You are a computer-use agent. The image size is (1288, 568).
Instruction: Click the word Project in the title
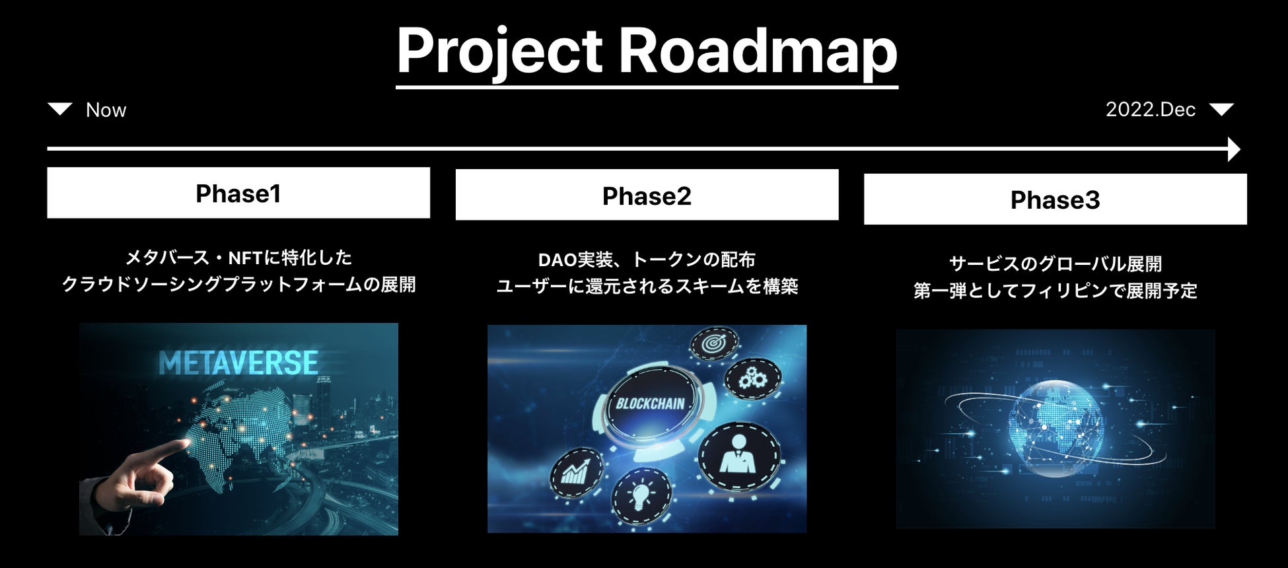pyautogui.click(x=499, y=53)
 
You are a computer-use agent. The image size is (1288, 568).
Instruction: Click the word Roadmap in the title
pyautogui.click(x=758, y=53)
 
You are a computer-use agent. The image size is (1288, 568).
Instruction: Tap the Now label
pyautogui.click(x=106, y=110)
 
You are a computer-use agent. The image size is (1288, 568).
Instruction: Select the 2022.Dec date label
pyautogui.click(x=1151, y=109)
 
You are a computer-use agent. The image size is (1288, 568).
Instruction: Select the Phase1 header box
pyautogui.click(x=238, y=193)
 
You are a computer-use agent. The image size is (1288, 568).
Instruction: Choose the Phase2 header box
pyautogui.click(x=647, y=195)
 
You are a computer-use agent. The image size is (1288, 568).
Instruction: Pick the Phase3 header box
pyautogui.click(x=1055, y=199)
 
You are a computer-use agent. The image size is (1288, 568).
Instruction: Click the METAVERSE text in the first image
pyautogui.click(x=238, y=363)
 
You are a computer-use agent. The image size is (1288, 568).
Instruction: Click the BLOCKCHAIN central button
pyautogui.click(x=651, y=404)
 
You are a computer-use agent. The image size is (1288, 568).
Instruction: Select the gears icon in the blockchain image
pyautogui.click(x=752, y=378)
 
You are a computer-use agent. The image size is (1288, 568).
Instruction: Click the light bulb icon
pyautogui.click(x=641, y=495)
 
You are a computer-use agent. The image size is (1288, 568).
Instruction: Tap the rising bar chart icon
pyautogui.click(x=577, y=473)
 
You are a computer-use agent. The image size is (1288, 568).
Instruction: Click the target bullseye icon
pyautogui.click(x=713, y=344)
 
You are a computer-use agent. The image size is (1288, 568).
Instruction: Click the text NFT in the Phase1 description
pyautogui.click(x=246, y=258)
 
